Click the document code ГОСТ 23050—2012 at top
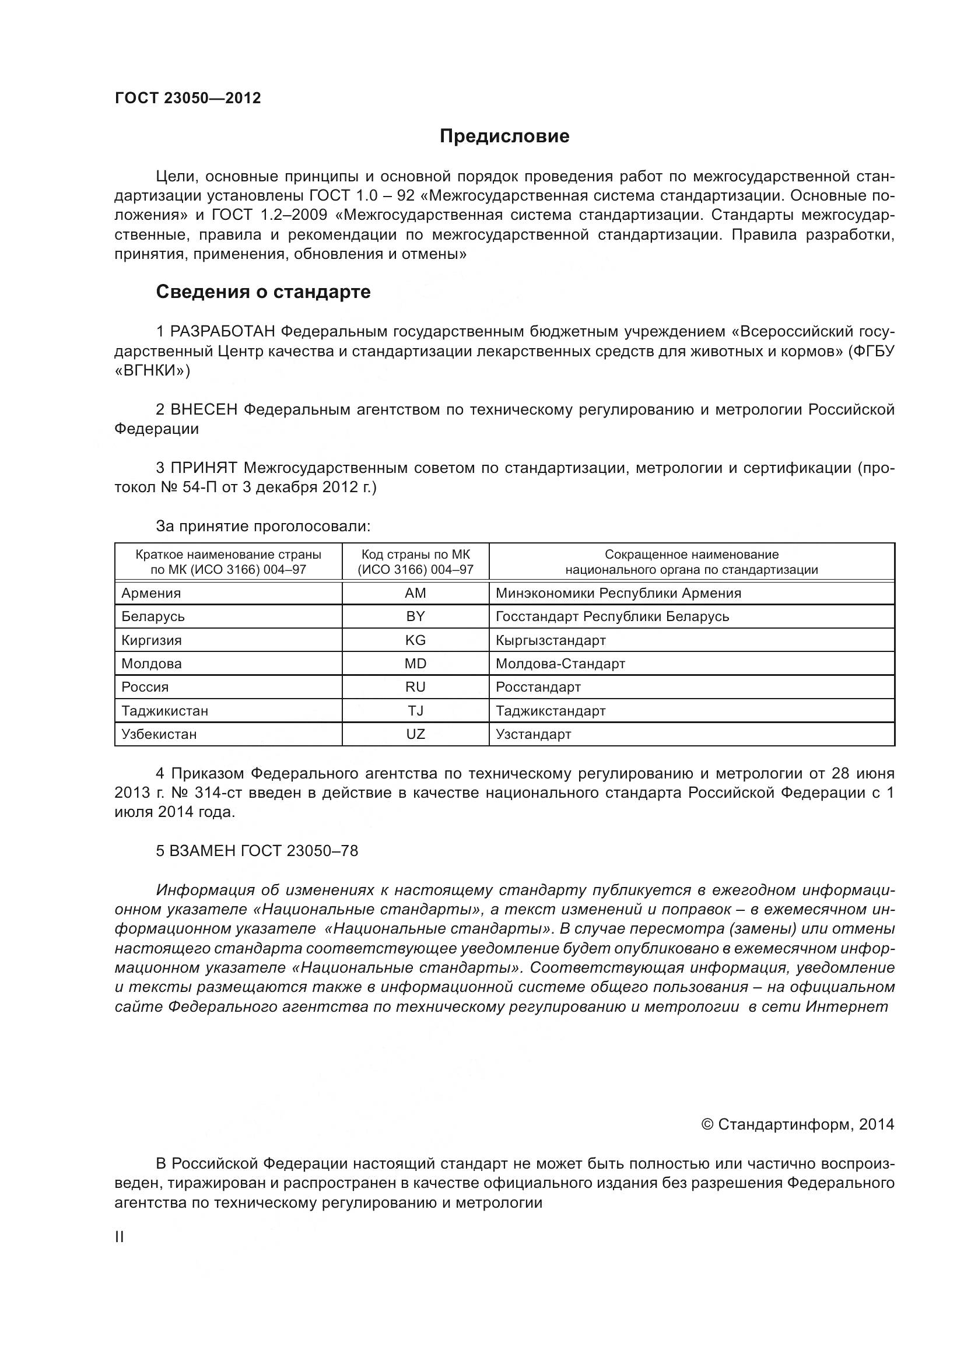[188, 98]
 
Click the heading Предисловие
[504, 136]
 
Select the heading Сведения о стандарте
[263, 292]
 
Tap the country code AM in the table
[415, 593]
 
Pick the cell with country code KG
[415, 640]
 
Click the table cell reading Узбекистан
[159, 734]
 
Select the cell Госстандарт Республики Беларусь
[612, 616]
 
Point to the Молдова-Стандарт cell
[560, 664]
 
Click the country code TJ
[415, 710]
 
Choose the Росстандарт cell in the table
[538, 687]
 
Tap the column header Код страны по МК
[415, 554]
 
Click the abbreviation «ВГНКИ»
[152, 371]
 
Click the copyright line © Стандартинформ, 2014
[798, 1124]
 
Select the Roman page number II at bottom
[120, 1237]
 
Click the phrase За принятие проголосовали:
[263, 526]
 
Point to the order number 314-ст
[218, 793]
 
